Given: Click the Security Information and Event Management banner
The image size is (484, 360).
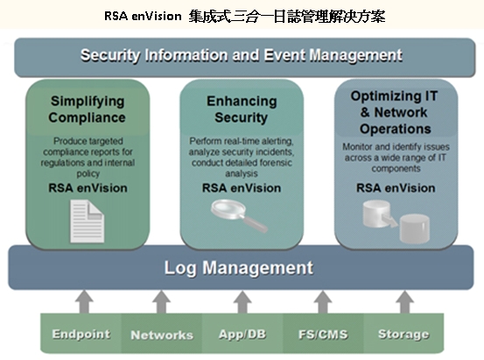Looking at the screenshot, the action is pyautogui.click(x=244, y=58).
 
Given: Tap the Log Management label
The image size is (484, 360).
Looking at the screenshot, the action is pyautogui.click(x=239, y=268).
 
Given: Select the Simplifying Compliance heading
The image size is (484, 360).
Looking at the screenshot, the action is pyautogui.click(x=88, y=109).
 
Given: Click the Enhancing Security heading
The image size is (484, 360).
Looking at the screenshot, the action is pyautogui.click(x=242, y=109).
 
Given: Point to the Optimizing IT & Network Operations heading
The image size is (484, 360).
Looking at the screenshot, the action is pyautogui.click(x=395, y=112).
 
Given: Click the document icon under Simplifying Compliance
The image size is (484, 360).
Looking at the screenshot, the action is pyautogui.click(x=88, y=222).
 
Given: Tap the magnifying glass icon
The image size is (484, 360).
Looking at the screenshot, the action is pyautogui.click(x=239, y=216).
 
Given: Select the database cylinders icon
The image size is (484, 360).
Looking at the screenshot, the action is pyautogui.click(x=396, y=221).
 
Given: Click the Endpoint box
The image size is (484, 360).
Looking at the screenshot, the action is pyautogui.click(x=81, y=333).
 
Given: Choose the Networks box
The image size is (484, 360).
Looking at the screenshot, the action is pyautogui.click(x=162, y=333).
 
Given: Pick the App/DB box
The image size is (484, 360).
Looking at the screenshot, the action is pyautogui.click(x=242, y=333).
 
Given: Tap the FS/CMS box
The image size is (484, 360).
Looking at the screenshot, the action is pyautogui.click(x=323, y=333).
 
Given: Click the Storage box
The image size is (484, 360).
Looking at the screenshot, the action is pyautogui.click(x=403, y=333).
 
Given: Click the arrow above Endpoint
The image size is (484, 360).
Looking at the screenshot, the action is pyautogui.click(x=84, y=302).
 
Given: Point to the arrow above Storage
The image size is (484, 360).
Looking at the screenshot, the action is pyautogui.click(x=404, y=302).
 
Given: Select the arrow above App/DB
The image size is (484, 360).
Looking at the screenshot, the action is pyautogui.click(x=242, y=302).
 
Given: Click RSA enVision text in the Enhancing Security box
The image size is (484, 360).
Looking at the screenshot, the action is pyautogui.click(x=242, y=187).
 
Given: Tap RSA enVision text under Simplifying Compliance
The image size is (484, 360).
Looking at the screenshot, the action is pyautogui.click(x=88, y=187).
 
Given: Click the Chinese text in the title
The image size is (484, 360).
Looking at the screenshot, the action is pyautogui.click(x=287, y=16).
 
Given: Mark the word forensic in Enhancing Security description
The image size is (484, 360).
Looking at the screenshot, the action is pyautogui.click(x=276, y=163).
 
